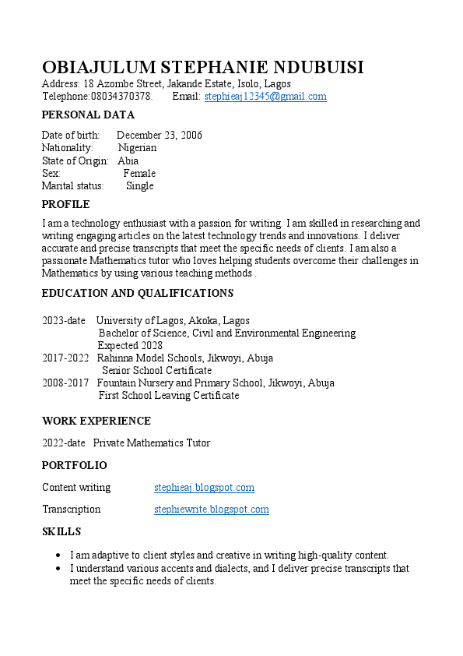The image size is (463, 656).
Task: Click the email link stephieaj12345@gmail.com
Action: coord(265,97)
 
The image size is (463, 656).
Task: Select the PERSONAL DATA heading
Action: coord(88,115)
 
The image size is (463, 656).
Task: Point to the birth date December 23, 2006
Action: coord(160,136)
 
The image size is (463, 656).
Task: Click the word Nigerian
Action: coord(137,148)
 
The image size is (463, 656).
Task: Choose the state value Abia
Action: coord(128,161)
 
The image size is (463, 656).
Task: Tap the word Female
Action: coord(139,174)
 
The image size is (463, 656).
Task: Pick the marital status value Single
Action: coord(140,186)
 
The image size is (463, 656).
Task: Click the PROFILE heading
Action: coord(66,205)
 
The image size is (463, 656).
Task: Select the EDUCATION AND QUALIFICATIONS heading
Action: coord(138,294)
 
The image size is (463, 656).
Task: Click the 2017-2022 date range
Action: coord(65,358)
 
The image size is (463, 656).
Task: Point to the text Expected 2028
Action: coord(130,346)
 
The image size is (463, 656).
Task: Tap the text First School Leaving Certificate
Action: coord(169,396)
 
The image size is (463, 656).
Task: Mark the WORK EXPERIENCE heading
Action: coord(96,421)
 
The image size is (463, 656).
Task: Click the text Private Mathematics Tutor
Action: coord(152,443)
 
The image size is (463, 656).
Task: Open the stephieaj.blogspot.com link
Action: coord(204,488)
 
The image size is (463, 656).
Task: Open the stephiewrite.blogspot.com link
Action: coord(212,510)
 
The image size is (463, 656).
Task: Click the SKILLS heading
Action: coord(61,532)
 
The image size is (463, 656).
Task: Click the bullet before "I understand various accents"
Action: coord(59,569)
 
